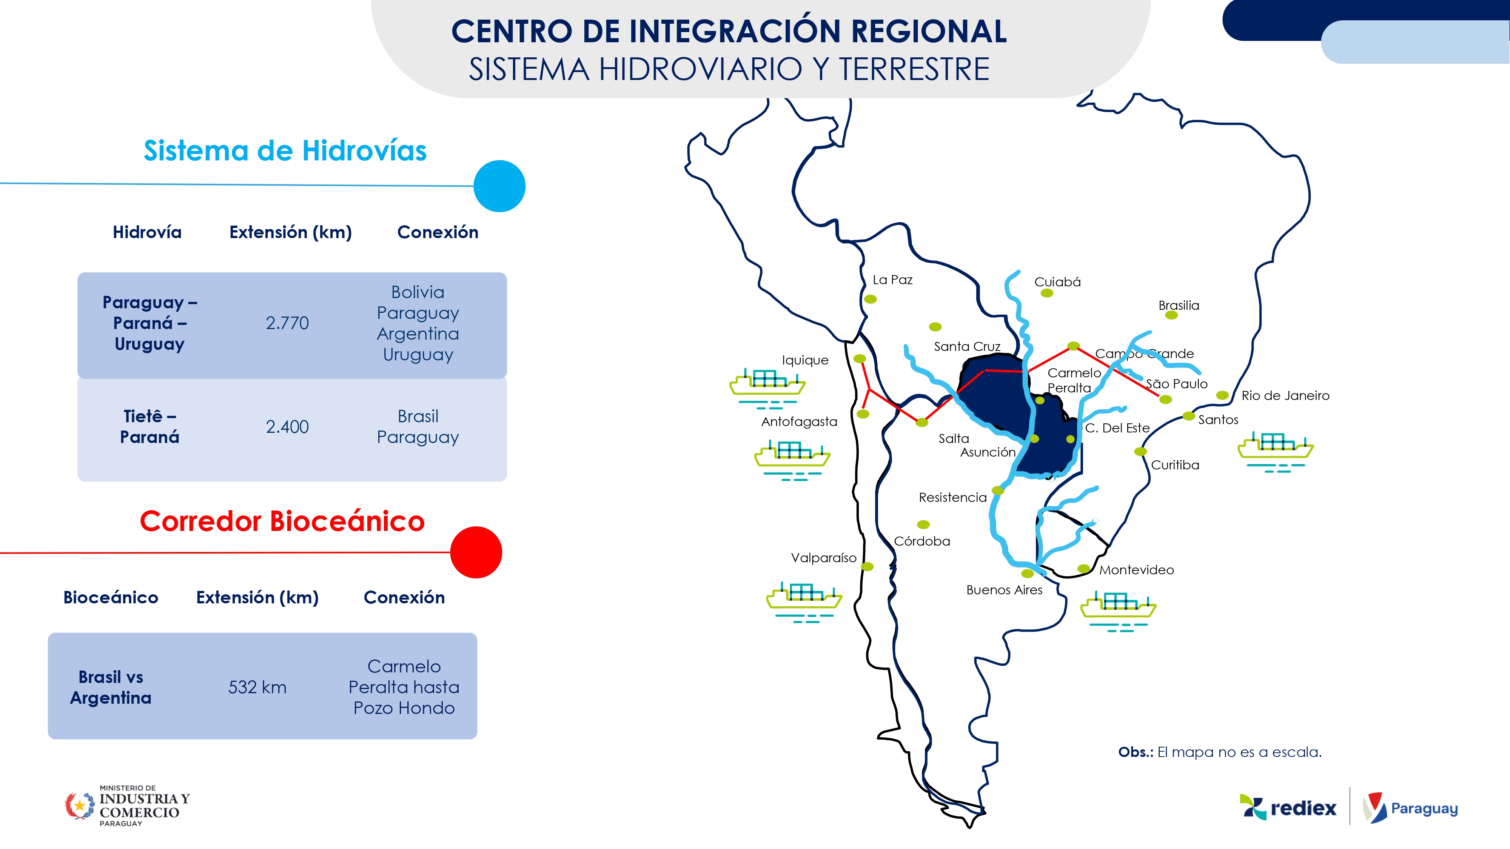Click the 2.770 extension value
coord(287,323)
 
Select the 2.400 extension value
coord(287,426)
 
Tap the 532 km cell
coord(257,687)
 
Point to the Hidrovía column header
coord(147,232)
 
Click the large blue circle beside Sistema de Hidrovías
coord(499,186)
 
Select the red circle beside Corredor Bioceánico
coord(476,552)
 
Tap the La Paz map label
coord(893,280)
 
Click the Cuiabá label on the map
coord(1057,282)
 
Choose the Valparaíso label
coord(824,558)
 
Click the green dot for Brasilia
coord(1171,315)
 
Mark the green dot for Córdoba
coord(923,524)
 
